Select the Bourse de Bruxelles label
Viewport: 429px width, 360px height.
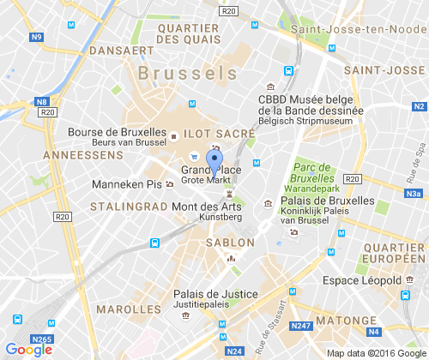pos(117,133)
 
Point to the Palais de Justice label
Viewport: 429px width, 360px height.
pos(214,293)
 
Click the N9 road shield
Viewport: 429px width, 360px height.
pos(36,37)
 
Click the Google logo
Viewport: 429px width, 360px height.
pos(28,349)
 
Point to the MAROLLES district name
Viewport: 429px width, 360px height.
pos(130,309)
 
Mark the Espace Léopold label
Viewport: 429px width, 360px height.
pos(361,280)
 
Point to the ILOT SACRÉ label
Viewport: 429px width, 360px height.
pos(221,134)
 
